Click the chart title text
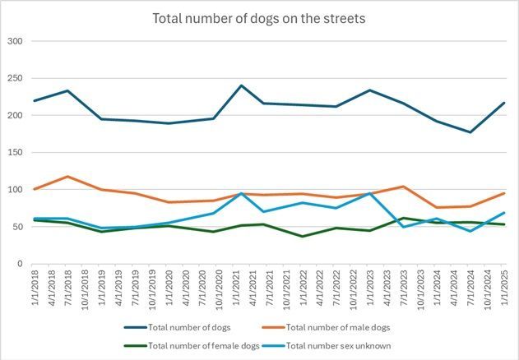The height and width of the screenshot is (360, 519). pyautogui.click(x=259, y=17)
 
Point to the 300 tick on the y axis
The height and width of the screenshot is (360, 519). pyautogui.click(x=14, y=41)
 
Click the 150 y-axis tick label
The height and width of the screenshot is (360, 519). pyautogui.click(x=14, y=153)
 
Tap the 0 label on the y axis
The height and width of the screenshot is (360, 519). pyautogui.click(x=19, y=264)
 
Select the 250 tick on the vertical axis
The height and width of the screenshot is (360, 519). pyautogui.click(x=14, y=78)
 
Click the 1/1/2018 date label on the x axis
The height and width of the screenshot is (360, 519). pyautogui.click(x=35, y=289)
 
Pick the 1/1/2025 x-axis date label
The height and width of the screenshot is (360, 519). pyautogui.click(x=503, y=289)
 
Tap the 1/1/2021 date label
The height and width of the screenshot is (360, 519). pyautogui.click(x=243, y=289)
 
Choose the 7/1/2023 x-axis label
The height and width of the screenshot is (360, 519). pyautogui.click(x=403, y=289)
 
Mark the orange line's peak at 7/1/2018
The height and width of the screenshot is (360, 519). pyautogui.click(x=67, y=177)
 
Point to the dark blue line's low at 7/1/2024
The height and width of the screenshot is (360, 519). pyautogui.click(x=470, y=132)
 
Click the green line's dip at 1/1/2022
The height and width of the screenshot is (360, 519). pyautogui.click(x=303, y=237)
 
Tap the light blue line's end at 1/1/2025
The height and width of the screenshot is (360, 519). pyautogui.click(x=503, y=213)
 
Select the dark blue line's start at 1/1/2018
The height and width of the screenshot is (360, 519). pyautogui.click(x=35, y=101)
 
